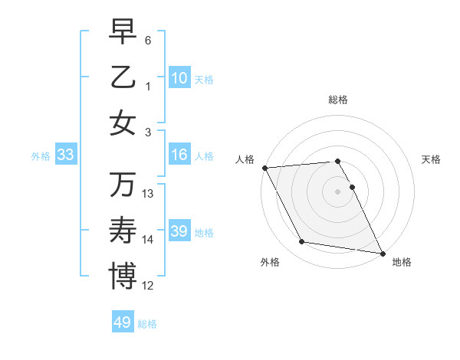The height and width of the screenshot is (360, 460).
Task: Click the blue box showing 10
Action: pos(179,78)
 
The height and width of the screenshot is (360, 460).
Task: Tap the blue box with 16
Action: pos(179,155)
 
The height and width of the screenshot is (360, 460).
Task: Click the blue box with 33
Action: pos(66,155)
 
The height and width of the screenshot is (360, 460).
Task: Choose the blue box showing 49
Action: pos(123,322)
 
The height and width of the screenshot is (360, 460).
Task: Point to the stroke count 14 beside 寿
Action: pos(148,240)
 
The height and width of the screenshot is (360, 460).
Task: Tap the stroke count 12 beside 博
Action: pos(148,286)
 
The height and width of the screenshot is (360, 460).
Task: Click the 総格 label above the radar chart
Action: pos(338,100)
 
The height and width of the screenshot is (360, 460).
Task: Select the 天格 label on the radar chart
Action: pos(432,159)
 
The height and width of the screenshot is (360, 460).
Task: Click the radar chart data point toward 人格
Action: pos(264,168)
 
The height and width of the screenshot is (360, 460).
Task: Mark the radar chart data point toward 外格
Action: pos(302,242)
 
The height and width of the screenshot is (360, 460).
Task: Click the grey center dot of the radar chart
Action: pos(338,191)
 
